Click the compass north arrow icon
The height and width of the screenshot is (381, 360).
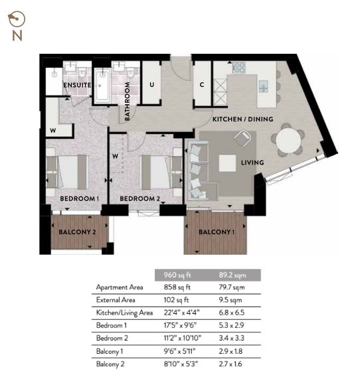(x=17, y=19)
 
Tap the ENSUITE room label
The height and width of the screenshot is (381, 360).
(x=77, y=85)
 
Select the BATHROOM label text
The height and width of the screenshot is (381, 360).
(x=127, y=102)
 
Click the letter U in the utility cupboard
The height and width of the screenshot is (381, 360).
(x=151, y=85)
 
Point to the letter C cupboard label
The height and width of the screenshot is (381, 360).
(x=202, y=85)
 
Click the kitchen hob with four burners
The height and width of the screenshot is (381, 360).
(x=239, y=68)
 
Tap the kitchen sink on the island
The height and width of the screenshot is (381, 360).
(x=263, y=86)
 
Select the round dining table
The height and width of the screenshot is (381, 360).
(x=288, y=141)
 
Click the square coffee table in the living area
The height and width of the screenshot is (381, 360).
(x=227, y=163)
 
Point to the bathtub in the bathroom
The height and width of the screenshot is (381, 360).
(x=102, y=85)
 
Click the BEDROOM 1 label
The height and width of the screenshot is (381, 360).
(x=80, y=198)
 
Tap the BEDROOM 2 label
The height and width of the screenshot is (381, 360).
(x=139, y=198)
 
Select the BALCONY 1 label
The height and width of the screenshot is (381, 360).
(x=217, y=232)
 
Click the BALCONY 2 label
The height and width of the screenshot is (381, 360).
(x=77, y=232)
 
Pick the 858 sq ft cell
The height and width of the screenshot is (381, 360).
(x=177, y=287)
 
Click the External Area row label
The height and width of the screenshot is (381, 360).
(x=116, y=300)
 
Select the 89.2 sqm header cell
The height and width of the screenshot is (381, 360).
(x=232, y=275)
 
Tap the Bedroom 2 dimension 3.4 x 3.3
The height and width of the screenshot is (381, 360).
(x=231, y=338)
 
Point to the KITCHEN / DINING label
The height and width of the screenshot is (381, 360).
(x=243, y=119)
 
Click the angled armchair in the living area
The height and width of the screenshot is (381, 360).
(x=242, y=139)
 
